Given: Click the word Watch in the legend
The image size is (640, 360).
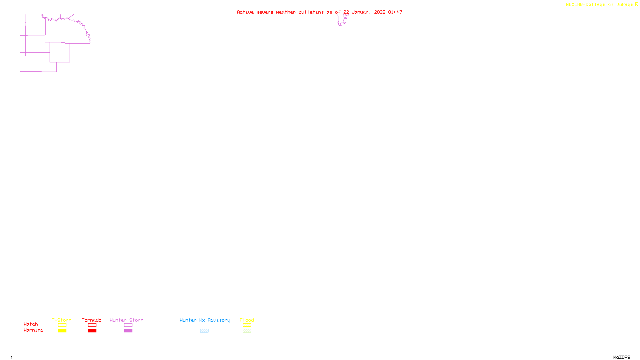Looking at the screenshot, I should pyautogui.click(x=31, y=324).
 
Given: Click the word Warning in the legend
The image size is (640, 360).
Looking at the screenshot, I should pyautogui.click(x=34, y=330).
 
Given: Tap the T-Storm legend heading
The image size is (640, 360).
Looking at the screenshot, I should pyautogui.click(x=62, y=320).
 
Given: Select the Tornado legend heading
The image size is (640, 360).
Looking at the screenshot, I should pyautogui.click(x=92, y=320).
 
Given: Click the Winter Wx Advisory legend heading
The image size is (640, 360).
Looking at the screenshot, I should pyautogui.click(x=205, y=320).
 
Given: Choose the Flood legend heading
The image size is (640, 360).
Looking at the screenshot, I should pyautogui.click(x=247, y=320).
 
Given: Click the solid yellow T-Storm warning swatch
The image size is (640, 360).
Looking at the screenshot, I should pyautogui.click(x=62, y=331).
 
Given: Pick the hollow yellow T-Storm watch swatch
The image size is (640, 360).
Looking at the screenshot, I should pyautogui.click(x=62, y=325).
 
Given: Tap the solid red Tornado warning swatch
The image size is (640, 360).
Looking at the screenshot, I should pyautogui.click(x=92, y=331).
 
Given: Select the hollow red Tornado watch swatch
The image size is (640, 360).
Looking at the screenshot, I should pyautogui.click(x=92, y=325).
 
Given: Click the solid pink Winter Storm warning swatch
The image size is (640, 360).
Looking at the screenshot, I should pyautogui.click(x=128, y=331).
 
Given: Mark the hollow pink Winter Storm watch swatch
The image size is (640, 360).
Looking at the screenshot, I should pyautogui.click(x=128, y=325).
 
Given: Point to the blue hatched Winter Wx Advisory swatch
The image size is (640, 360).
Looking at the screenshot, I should pyautogui.click(x=204, y=331).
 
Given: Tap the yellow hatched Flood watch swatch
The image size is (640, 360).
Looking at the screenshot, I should pyautogui.click(x=247, y=325).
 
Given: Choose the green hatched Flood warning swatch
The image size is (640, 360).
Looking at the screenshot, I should pyautogui.click(x=247, y=331).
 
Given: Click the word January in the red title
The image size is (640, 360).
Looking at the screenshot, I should pyautogui.click(x=362, y=12).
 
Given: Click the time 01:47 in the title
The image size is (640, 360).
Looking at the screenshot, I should pyautogui.click(x=395, y=12).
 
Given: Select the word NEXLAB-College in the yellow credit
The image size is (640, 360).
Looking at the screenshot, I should pyautogui.click(x=586, y=5).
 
